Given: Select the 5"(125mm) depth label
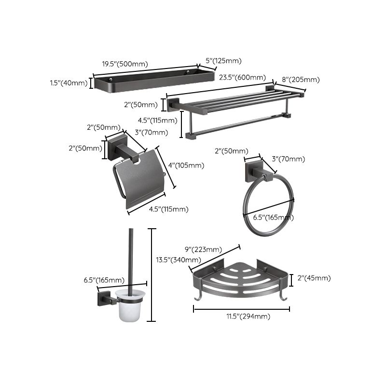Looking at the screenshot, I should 223,61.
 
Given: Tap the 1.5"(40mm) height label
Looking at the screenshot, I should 69,83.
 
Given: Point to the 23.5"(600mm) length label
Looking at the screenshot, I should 242,77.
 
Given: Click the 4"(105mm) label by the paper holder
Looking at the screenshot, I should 185,165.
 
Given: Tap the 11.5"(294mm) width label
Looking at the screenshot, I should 243,316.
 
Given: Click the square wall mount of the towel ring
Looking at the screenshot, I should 253,171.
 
